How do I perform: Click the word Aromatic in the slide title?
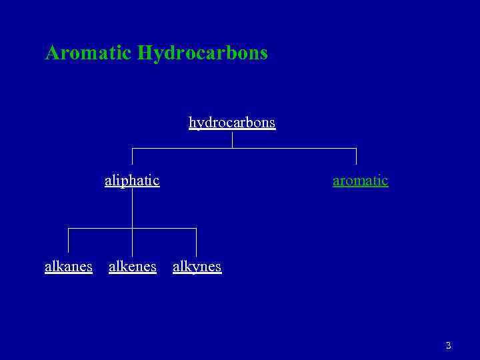88,53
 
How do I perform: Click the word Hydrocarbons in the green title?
203,53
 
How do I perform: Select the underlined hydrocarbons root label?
232,123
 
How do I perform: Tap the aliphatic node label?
132,180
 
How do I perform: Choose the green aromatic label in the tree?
360,180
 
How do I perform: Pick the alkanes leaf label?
69,267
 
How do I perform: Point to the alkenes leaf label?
133,267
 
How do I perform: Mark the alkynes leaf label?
197,267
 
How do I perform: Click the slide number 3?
448,345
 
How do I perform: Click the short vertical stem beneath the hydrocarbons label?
232,139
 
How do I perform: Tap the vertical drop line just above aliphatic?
132,156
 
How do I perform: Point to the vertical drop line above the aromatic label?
356,156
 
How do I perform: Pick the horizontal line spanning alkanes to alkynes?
100,228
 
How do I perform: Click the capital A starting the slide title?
51,53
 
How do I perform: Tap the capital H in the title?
145,53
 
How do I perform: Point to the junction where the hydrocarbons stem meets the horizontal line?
232,148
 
